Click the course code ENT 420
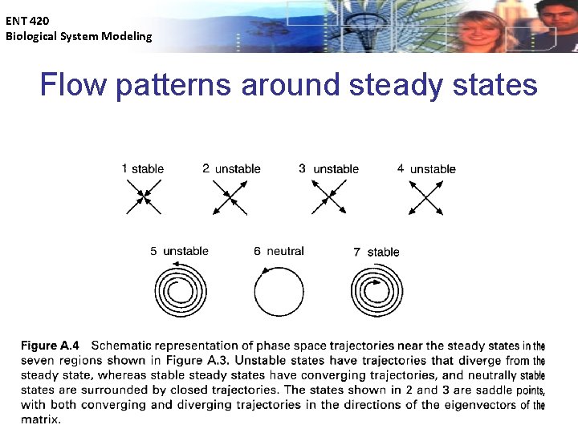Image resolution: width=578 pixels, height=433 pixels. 27,22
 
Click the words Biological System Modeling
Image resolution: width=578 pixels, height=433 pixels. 79,36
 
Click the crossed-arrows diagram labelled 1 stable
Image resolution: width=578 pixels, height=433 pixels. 144,196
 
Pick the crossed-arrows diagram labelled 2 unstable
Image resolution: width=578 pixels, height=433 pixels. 230,196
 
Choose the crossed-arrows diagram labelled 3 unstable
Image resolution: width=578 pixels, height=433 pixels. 329,196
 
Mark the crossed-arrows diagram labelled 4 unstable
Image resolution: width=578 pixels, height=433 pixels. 426,196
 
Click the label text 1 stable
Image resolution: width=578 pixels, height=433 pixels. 143,168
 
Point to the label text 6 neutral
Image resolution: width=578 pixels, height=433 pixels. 279,251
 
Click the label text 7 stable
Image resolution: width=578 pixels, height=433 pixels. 376,252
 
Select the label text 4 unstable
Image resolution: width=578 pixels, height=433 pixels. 426,168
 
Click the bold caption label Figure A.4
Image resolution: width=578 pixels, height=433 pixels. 50,346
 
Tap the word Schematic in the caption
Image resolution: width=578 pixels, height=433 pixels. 124,346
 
